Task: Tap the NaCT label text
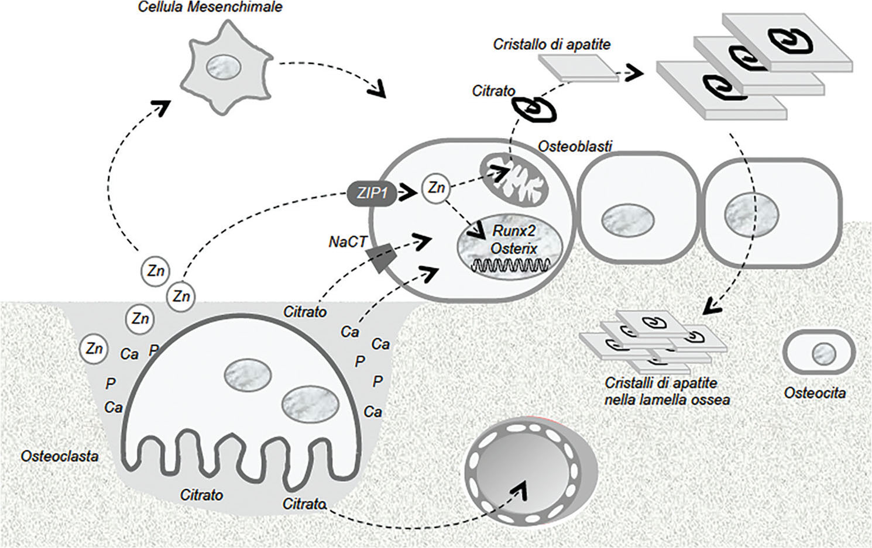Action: (x=347, y=242)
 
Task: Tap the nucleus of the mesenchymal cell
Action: (x=224, y=68)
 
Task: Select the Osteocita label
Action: (x=815, y=392)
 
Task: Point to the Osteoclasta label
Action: (x=59, y=456)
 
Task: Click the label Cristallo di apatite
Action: (x=551, y=44)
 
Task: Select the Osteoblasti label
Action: (x=575, y=146)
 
